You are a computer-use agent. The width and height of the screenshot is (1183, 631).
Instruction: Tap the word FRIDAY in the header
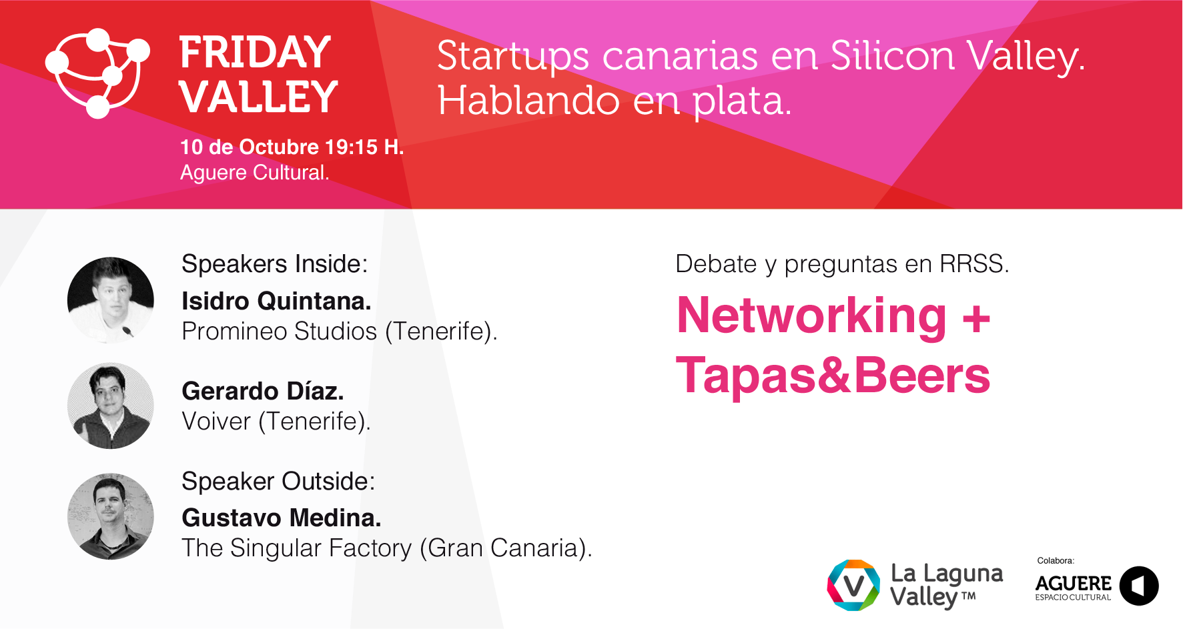[255, 53]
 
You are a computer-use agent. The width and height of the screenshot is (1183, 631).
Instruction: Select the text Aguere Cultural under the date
[254, 173]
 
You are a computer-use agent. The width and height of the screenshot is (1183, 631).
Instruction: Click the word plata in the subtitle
[741, 102]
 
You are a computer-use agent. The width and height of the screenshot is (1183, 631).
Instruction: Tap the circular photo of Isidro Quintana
[111, 300]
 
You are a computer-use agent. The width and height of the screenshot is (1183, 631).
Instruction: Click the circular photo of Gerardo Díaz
[111, 406]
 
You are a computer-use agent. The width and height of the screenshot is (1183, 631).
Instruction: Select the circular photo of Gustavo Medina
[111, 517]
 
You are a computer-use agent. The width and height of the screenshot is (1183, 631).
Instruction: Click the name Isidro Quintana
[276, 301]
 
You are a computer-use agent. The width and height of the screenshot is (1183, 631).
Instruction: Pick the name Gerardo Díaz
[263, 392]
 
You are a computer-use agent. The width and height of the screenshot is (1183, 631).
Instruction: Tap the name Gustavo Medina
[282, 518]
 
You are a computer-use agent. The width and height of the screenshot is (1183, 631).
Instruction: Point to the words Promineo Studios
[280, 332]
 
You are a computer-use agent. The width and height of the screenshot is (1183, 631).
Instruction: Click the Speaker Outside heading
[278, 481]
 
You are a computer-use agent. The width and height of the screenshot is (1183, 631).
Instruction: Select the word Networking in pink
[811, 317]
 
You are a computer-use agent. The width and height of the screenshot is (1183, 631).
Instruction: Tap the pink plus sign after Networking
[976, 318]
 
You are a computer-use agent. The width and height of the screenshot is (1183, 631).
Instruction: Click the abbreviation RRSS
[973, 264]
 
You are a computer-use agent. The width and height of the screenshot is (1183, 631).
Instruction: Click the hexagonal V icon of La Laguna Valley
[854, 586]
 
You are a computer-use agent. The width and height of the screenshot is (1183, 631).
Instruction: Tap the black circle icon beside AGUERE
[1139, 586]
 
